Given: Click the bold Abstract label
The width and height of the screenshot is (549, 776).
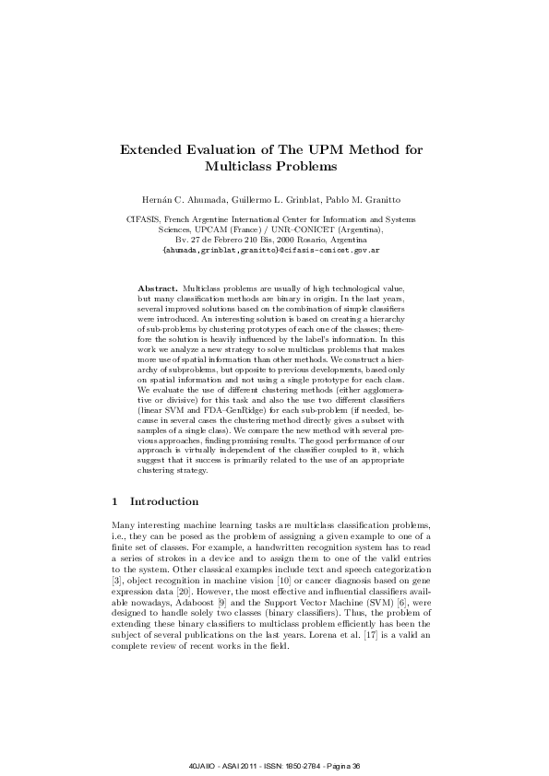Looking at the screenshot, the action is [157, 289].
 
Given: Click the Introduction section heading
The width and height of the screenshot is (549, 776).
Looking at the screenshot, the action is [164, 502].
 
